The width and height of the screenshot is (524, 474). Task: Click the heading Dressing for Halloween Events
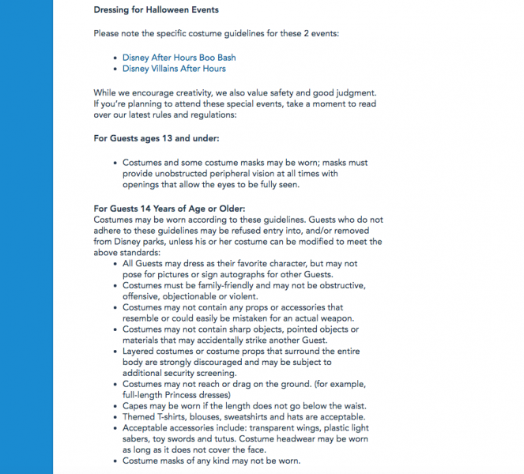156,9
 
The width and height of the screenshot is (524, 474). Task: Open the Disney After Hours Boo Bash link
179,58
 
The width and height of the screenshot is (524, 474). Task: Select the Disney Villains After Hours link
174,69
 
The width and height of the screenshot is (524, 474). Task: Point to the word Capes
135,406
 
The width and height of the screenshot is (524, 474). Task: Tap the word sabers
137,439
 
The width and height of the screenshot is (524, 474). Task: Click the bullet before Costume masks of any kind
116,461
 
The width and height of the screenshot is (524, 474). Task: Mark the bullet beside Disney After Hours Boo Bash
116,58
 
